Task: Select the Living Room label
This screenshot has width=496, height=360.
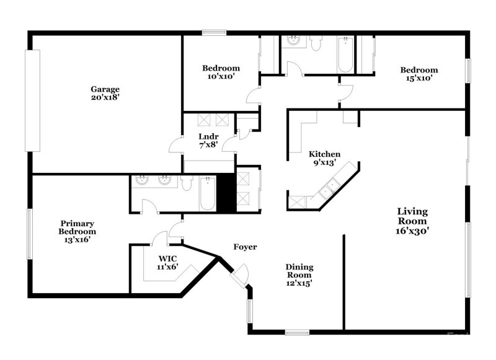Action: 412,221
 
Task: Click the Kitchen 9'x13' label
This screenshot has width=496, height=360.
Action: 325,158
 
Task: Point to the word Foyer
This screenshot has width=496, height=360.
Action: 245,247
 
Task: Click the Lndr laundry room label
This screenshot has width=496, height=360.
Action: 208,140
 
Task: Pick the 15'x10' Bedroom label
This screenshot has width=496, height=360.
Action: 418,74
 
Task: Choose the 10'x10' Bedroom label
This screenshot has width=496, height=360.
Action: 221,72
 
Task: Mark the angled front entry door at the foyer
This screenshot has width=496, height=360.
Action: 239,273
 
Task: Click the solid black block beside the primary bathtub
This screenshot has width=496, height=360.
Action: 226,191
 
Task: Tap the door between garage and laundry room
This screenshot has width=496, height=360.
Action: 176,146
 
